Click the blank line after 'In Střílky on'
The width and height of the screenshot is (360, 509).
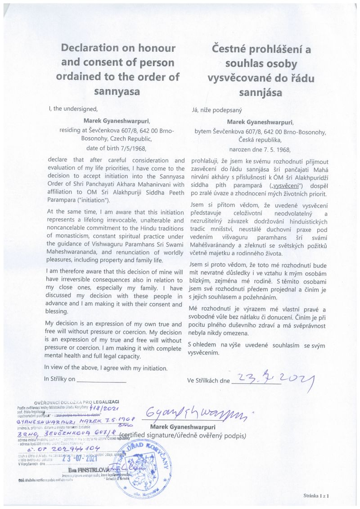[x=101, y=379]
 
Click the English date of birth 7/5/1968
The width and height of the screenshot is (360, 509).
[x=131, y=147]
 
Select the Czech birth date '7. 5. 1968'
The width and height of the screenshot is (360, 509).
[x=275, y=149]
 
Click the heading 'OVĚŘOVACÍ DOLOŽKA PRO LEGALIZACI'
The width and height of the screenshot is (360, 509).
[x=76, y=401]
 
